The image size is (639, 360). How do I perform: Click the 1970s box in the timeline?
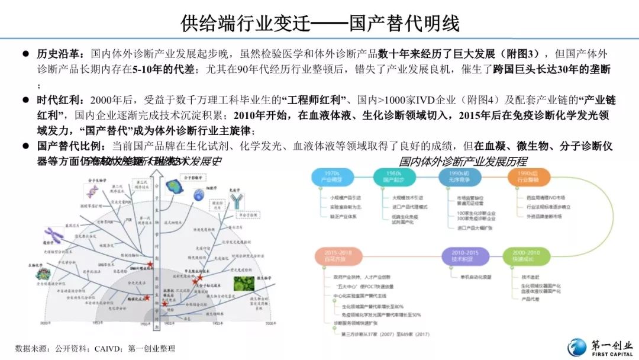tap(334, 176)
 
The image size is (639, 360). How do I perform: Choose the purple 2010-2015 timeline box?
tap(466, 256)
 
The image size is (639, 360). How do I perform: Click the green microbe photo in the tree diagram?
tap(244, 282)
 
